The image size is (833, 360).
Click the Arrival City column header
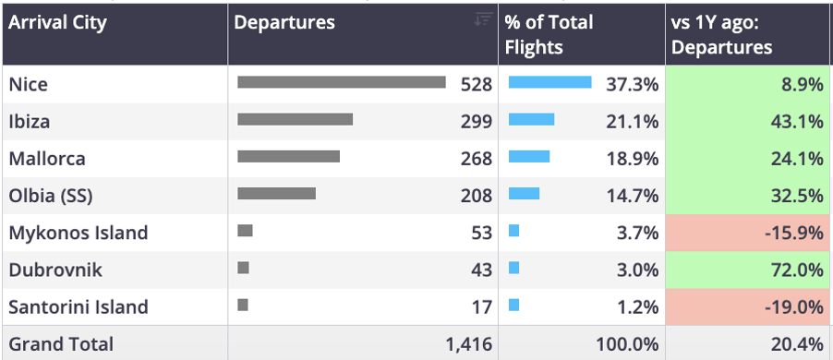tap(57, 22)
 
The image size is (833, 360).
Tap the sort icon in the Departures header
tap(483, 19)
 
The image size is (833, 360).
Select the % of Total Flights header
tap(549, 34)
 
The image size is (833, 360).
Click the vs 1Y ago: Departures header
tap(721, 34)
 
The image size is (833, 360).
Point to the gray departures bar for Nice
tap(342, 82)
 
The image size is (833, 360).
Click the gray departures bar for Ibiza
tap(295, 119)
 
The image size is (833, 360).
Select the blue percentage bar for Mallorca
tap(529, 156)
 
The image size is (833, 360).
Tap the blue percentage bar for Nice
tap(549, 82)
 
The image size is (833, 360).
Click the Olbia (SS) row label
tap(51, 197)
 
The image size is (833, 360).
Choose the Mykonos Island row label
tap(78, 234)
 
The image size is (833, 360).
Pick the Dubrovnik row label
tap(55, 270)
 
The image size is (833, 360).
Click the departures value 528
tap(477, 84)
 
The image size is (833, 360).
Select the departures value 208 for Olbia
tap(477, 196)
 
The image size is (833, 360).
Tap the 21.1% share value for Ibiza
tap(633, 122)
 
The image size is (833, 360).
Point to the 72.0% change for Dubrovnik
tap(797, 270)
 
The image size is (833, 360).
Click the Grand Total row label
tap(61, 344)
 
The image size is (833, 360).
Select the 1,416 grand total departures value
tap(469, 345)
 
